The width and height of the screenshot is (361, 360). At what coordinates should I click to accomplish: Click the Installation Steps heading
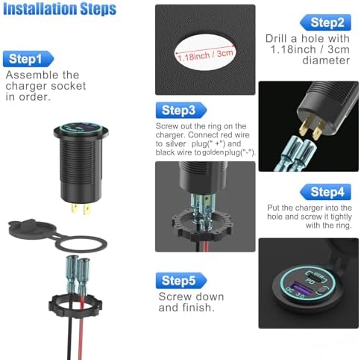click(59, 9)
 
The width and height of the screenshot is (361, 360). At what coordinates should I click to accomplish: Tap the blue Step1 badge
click(28, 59)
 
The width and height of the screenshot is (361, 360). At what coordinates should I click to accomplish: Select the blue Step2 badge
click(326, 22)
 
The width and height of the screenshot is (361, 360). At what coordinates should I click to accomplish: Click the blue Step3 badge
click(181, 110)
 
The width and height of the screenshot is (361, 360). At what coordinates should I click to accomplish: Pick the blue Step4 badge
click(326, 192)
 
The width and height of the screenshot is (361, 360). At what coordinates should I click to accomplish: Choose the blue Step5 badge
click(181, 281)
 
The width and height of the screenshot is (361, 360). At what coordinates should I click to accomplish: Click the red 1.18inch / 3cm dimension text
click(206, 55)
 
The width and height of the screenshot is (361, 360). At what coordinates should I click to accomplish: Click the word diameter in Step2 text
click(326, 60)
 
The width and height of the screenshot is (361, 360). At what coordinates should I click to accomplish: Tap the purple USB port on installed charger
click(295, 288)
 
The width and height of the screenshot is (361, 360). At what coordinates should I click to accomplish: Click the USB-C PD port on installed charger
click(316, 276)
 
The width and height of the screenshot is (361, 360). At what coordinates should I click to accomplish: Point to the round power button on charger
click(322, 291)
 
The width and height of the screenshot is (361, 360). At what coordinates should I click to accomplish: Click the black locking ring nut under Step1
click(75, 305)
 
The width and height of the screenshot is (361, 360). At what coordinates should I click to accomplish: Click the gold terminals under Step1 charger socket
click(81, 208)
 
